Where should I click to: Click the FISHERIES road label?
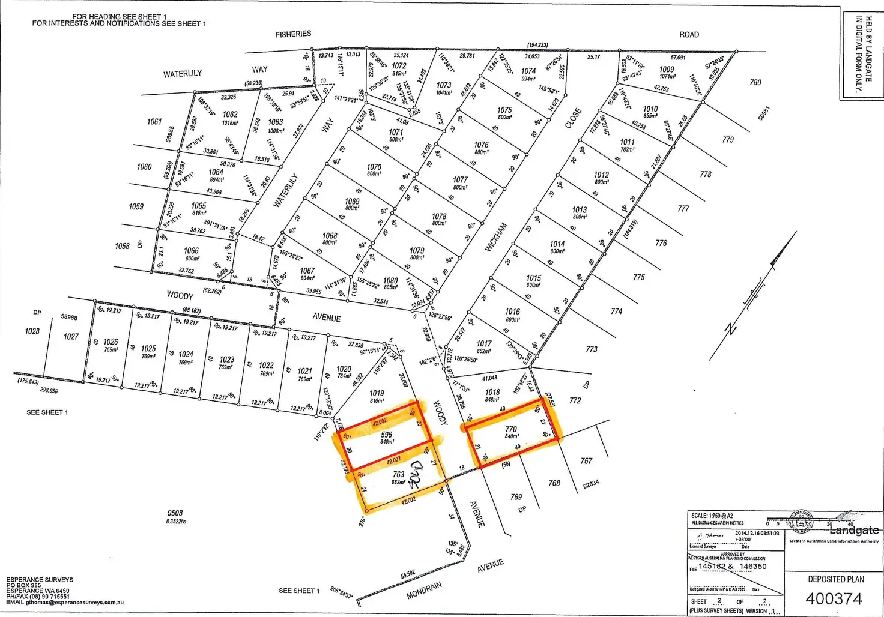(293, 34)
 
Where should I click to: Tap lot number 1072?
(399, 66)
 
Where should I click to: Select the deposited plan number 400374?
(834, 598)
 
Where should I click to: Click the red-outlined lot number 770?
(511, 429)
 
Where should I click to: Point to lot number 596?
(386, 435)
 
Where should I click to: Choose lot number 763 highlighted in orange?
(398, 474)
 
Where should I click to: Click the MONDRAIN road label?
(424, 590)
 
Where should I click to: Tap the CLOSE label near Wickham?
(573, 118)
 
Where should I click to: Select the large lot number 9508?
(175, 513)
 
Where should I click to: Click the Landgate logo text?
(853, 530)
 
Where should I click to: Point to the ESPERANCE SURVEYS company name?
(40, 580)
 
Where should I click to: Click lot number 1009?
(667, 70)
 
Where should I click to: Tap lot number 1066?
(192, 251)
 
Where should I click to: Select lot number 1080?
(390, 280)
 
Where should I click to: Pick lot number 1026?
(110, 342)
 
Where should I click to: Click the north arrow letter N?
(731, 328)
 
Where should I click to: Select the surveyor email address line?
(65, 602)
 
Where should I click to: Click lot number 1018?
(492, 392)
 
